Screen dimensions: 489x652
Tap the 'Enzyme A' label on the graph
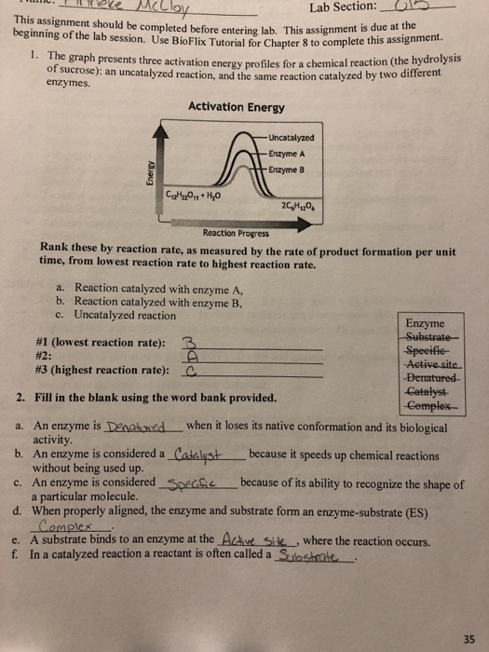pos(285,152)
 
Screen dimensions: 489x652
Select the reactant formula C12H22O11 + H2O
pos(197,194)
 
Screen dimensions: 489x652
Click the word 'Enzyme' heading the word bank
pos(426,323)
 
